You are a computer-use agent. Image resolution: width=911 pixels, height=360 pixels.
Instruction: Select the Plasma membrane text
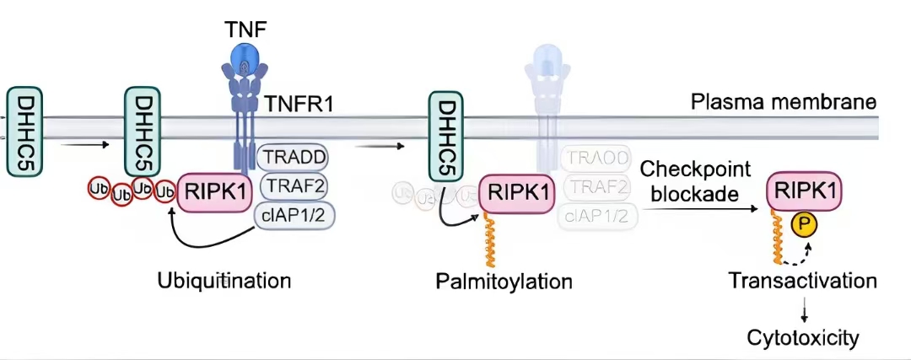click(x=784, y=104)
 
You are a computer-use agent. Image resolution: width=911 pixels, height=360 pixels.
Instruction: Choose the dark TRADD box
click(x=293, y=158)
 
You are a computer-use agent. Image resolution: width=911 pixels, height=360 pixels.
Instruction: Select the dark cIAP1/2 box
click(x=294, y=216)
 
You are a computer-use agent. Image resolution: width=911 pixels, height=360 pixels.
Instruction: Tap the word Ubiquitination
click(x=224, y=279)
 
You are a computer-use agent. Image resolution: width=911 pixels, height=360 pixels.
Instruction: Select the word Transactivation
click(x=801, y=279)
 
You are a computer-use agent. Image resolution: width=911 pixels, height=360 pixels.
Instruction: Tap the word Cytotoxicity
click(x=803, y=338)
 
